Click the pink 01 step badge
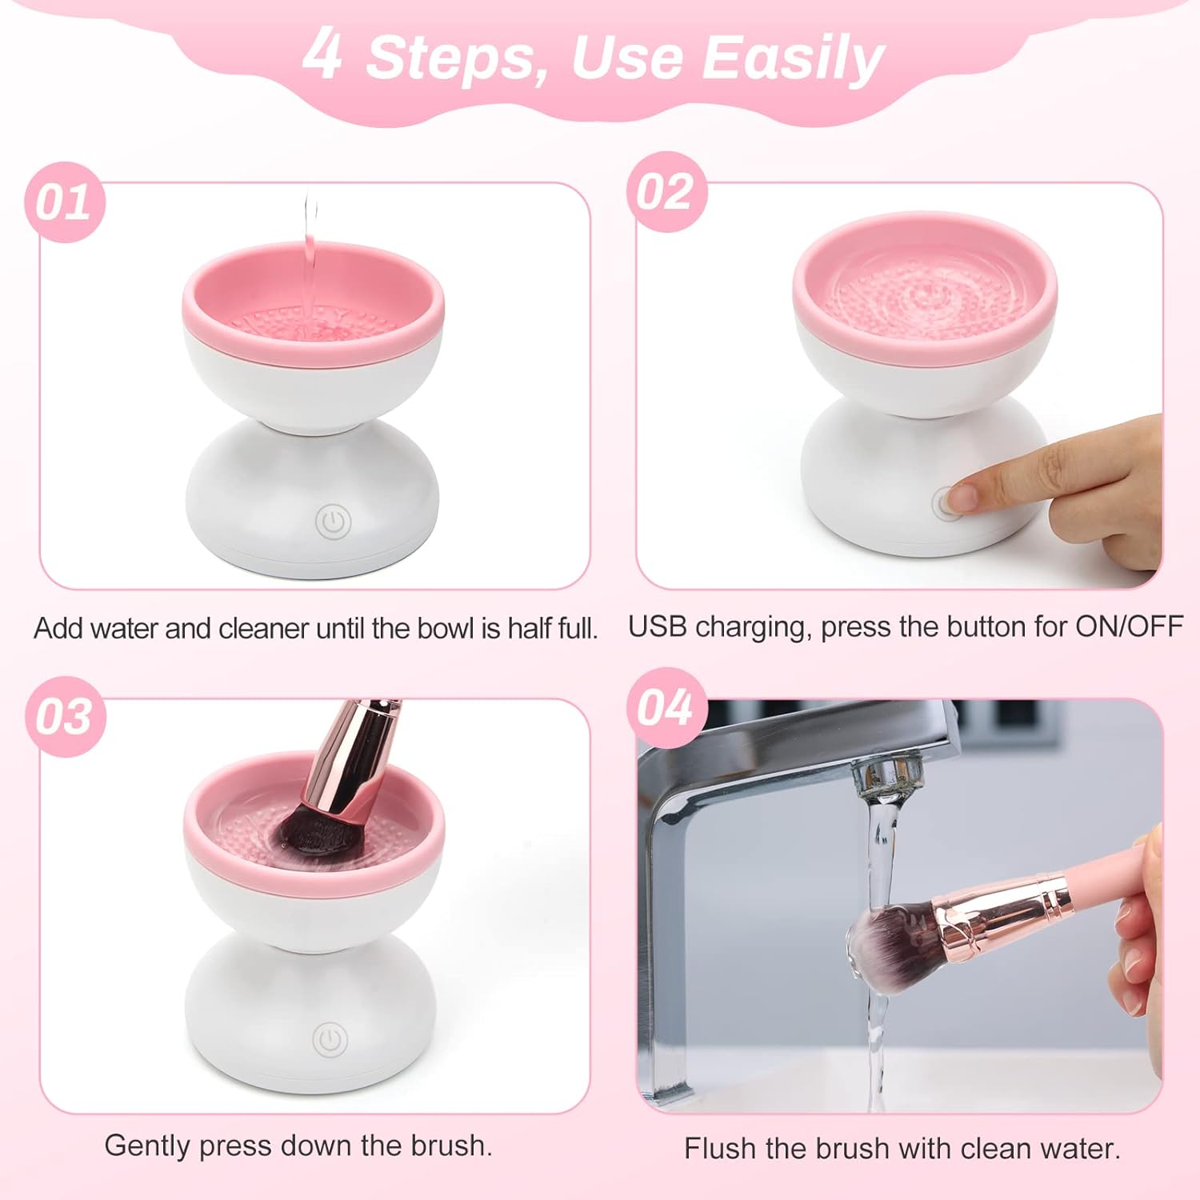coord(65,202)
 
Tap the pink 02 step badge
coord(666,192)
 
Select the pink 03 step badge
coord(65,716)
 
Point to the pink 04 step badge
coord(666,707)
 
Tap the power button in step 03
coord(330,1040)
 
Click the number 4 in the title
coord(323,54)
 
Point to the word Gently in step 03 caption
coord(148,1146)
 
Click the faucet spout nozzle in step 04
coord(886,779)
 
